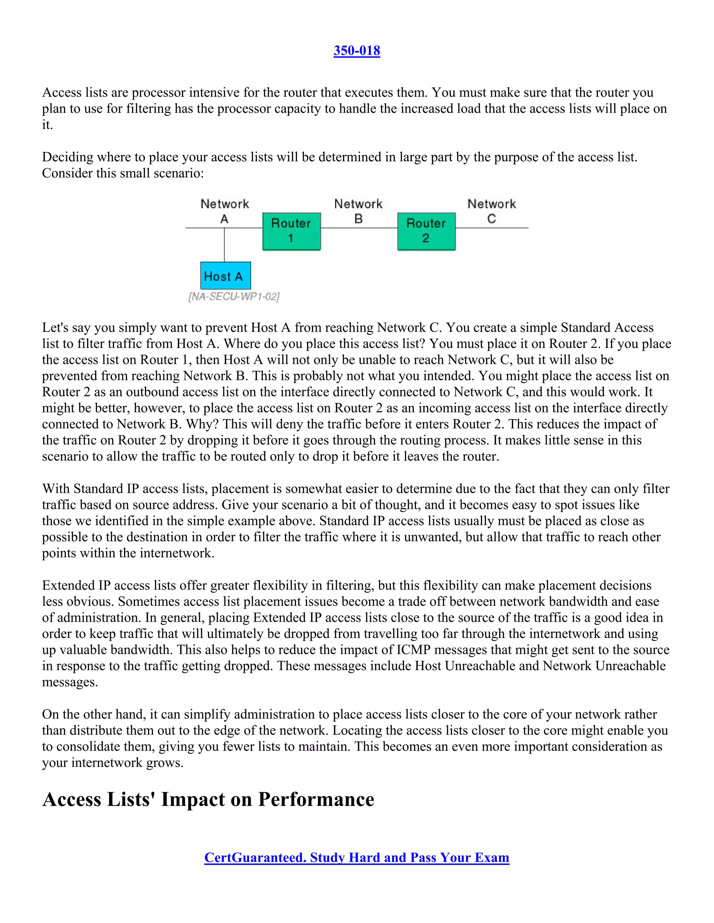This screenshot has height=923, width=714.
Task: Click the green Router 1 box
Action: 291,231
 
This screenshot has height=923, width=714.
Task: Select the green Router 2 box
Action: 426,231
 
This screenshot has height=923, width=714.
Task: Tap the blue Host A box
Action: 225,276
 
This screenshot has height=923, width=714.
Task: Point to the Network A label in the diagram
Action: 225,210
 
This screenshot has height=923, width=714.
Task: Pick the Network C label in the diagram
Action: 492,210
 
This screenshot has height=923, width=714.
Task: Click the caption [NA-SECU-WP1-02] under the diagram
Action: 234,297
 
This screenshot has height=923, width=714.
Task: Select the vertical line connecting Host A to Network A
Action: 224,245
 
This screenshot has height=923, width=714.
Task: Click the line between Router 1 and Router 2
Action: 359,228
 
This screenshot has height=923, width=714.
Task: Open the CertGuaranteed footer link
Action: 357,858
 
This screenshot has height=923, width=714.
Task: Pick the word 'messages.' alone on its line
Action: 70,682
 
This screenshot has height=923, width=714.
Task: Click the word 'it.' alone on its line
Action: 47,125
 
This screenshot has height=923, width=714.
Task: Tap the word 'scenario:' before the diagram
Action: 180,173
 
